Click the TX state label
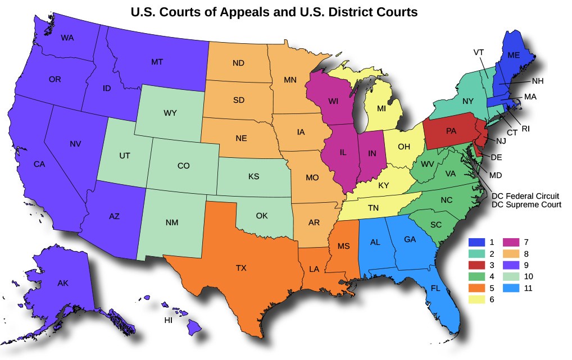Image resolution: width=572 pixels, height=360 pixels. pyautogui.click(x=241, y=267)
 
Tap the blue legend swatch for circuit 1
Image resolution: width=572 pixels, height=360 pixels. pyautogui.click(x=476, y=242)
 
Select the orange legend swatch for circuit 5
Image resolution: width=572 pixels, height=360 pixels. pyautogui.click(x=476, y=288)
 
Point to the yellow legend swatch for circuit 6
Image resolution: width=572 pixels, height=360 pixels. pyautogui.click(x=476, y=300)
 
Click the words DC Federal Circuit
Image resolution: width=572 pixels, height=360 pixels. pyautogui.click(x=525, y=196)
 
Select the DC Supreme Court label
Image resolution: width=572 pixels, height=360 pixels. pyautogui.click(x=526, y=205)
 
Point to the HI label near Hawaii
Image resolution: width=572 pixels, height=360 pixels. pyautogui.click(x=168, y=320)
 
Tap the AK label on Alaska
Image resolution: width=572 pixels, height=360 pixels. pyautogui.click(x=63, y=284)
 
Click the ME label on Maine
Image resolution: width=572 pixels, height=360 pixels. pyautogui.click(x=514, y=55)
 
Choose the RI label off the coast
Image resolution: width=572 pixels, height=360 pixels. pyautogui.click(x=526, y=129)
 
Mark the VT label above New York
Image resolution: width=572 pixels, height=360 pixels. pyautogui.click(x=479, y=52)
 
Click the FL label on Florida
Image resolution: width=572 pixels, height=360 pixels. pyautogui.click(x=435, y=288)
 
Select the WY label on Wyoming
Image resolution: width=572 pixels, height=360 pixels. pyautogui.click(x=170, y=113)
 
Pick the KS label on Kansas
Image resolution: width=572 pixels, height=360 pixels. pyautogui.click(x=253, y=176)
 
